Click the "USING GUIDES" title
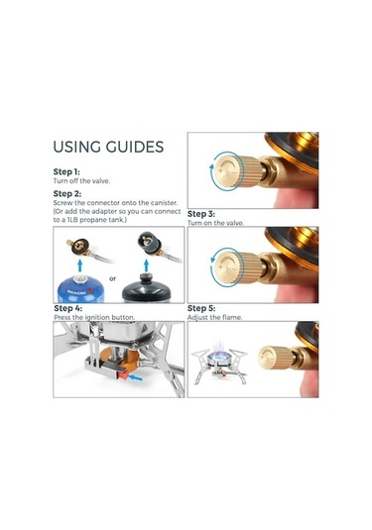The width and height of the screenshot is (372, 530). coord(108,147)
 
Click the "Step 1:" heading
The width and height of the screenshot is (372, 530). coord(66,171)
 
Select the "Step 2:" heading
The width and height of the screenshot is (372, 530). coord(67,194)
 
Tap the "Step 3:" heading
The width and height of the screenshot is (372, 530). coord(201,214)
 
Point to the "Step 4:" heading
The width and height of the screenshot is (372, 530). coord(67,308)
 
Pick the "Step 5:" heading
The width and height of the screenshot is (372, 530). coord(201,308)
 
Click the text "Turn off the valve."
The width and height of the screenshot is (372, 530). coord(81,181)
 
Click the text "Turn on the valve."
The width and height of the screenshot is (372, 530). coord(215,223)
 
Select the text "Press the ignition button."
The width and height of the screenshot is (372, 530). coord(94,317)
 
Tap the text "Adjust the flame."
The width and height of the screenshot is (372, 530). coord(215,317)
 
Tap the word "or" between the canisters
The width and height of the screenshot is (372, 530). coord(112,278)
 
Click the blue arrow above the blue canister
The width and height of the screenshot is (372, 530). coord(80,265)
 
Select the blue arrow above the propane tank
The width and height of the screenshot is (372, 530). coord(146,265)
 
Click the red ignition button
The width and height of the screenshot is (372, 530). coord(123,374)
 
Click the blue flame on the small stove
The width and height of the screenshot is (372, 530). coord(218,354)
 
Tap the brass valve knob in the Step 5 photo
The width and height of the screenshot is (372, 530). coord(276,358)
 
